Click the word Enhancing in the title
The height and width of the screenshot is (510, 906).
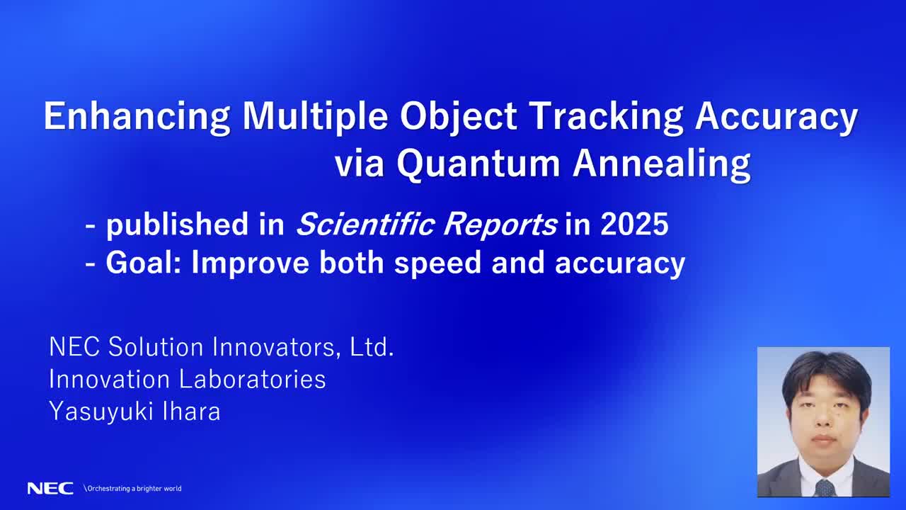[137, 117]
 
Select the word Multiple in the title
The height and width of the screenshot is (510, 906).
[316, 117]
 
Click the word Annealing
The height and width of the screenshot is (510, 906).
[662, 164]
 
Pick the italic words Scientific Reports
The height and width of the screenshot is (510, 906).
[426, 225]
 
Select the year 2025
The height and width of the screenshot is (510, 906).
[633, 225]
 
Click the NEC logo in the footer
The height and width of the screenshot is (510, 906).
[50, 488]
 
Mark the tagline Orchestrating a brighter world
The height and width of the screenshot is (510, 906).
[134, 488]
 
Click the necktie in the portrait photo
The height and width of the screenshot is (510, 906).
[825, 487]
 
